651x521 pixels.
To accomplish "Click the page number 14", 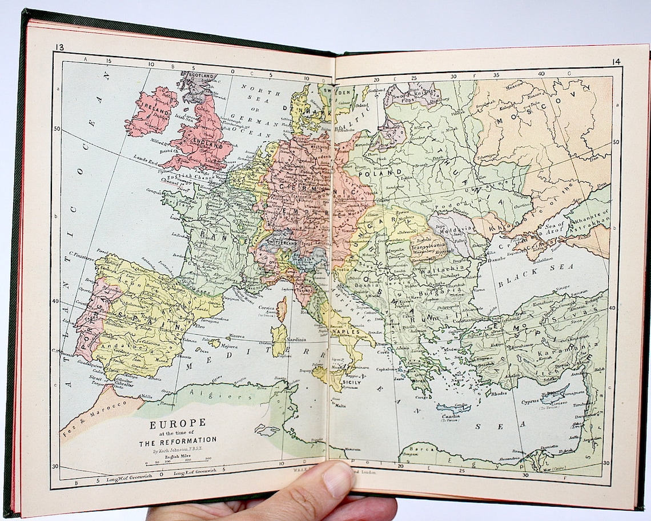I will coord(616,62).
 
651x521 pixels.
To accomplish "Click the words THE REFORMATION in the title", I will coord(178,440).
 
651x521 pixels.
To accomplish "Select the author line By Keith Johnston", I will coord(178,450).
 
